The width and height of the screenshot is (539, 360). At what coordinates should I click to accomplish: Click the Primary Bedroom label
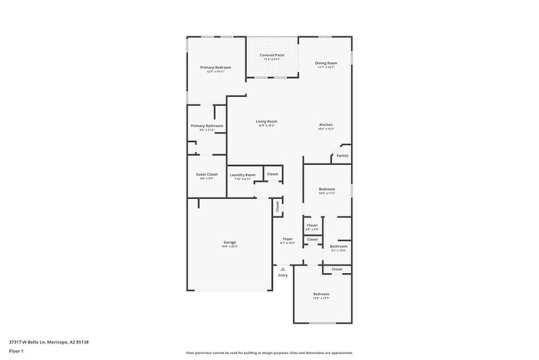[x=215, y=67]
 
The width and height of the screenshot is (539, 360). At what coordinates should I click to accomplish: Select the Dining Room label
[x=326, y=63]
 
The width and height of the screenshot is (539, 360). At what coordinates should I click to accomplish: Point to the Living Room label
[x=266, y=121]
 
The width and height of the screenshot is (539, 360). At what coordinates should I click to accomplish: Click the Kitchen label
[x=326, y=125]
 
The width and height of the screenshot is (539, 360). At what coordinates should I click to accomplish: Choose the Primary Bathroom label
[x=206, y=126]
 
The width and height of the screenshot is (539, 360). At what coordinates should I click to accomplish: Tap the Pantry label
[x=342, y=155]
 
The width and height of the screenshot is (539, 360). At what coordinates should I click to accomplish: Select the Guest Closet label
[x=206, y=174]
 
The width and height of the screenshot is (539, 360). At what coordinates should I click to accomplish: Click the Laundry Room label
[x=242, y=175]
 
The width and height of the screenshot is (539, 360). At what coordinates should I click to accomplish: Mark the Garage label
[x=229, y=242]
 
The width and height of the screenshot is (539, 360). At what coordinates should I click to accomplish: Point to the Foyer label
[x=288, y=239]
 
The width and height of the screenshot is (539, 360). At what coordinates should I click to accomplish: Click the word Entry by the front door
[x=283, y=275]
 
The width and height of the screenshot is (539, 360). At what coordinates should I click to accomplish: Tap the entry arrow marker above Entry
[x=283, y=269]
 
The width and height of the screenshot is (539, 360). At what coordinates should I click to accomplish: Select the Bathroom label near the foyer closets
[x=338, y=246]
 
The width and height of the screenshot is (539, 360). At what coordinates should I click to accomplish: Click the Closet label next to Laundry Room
[x=272, y=174]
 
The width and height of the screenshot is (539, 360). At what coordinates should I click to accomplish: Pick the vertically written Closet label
[x=278, y=207]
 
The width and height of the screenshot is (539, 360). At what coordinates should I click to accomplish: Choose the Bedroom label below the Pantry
[x=327, y=189]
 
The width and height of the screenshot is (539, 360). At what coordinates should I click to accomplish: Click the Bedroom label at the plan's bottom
[x=321, y=294]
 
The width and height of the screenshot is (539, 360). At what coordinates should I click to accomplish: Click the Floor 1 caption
[x=17, y=350]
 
